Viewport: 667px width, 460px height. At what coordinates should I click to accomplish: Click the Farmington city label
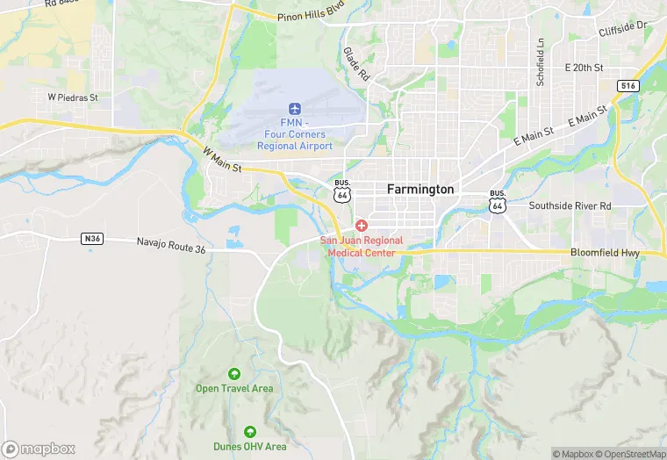[421, 189]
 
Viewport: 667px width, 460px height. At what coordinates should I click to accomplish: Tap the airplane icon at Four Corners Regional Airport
[294, 107]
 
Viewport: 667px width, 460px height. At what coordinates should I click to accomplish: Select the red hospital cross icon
[361, 226]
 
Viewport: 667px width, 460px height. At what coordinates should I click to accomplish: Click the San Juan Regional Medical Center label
[361, 246]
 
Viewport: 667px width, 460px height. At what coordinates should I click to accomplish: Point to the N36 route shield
[92, 238]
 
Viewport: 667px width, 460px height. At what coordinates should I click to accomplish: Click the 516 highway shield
[628, 85]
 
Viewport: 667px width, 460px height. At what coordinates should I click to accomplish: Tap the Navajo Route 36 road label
[171, 246]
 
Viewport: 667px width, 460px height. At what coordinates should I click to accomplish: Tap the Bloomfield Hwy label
[605, 253]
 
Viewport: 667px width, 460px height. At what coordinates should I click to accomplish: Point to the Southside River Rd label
[570, 205]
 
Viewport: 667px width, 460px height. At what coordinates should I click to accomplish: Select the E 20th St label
[585, 67]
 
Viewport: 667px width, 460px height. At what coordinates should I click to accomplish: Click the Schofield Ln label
[541, 61]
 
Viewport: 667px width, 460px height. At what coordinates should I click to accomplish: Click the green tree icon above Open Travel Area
[233, 374]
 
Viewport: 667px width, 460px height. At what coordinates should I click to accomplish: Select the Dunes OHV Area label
[250, 447]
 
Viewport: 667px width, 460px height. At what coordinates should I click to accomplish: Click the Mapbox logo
[39, 449]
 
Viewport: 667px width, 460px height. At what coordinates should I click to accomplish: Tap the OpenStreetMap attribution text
[631, 454]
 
